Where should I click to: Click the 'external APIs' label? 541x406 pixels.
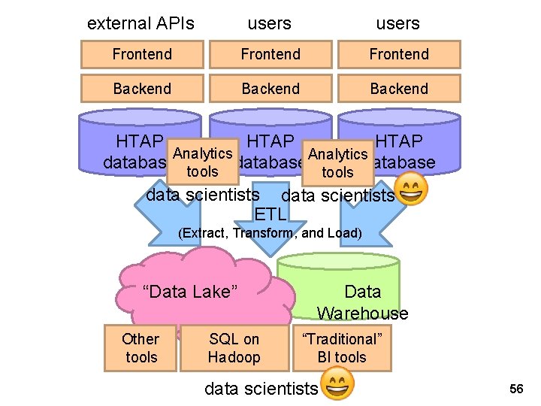click(x=141, y=23)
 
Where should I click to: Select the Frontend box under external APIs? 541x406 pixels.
click(x=142, y=54)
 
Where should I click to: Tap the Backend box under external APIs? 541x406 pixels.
click(x=142, y=89)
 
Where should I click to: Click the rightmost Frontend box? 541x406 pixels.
click(x=399, y=54)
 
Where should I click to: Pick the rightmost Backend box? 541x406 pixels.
click(x=399, y=89)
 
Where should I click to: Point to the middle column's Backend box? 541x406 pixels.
click(x=270, y=89)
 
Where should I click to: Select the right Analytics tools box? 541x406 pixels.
click(x=337, y=163)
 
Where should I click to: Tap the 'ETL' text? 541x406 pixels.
click(x=270, y=215)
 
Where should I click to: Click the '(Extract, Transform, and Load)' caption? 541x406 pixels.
click(x=270, y=233)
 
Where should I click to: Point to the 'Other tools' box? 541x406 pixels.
click(x=141, y=348)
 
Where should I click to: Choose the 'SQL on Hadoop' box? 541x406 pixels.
click(x=234, y=348)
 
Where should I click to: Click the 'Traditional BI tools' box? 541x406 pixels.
click(x=342, y=348)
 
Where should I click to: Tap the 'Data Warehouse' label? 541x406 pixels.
click(x=362, y=302)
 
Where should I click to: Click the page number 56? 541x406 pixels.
click(x=516, y=389)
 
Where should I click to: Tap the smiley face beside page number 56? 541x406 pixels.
click(x=337, y=384)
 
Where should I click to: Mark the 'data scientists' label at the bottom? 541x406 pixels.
click(x=261, y=389)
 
